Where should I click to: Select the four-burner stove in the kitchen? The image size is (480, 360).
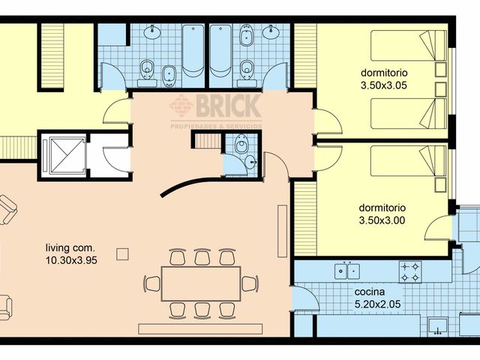pyautogui.click(x=410, y=271)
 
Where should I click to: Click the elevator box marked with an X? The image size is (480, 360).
pyautogui.click(x=58, y=155)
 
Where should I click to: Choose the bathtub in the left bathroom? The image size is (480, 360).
pyautogui.click(x=193, y=50)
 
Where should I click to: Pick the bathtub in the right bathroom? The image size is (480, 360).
pyautogui.click(x=220, y=50)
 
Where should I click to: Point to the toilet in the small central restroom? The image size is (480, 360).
pyautogui.click(x=241, y=145)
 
